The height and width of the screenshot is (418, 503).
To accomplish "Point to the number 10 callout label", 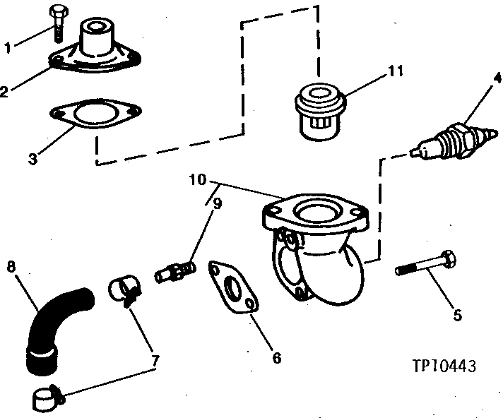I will click(x=197, y=181).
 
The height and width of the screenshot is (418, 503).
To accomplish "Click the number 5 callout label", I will click(x=457, y=316).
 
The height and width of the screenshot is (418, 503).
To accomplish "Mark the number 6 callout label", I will click(x=276, y=358).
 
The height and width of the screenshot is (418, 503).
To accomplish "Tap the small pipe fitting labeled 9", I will click(x=175, y=271).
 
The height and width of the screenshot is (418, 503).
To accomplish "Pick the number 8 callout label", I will click(x=11, y=267).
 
